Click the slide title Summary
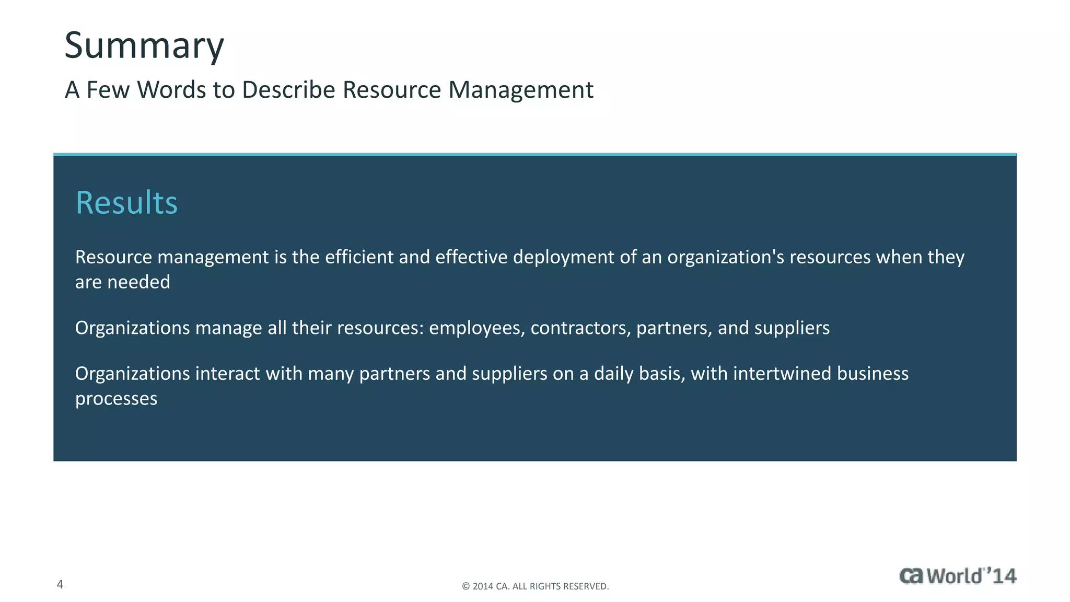pyautogui.click(x=144, y=46)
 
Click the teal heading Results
pyautogui.click(x=126, y=203)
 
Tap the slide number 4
pyautogui.click(x=60, y=584)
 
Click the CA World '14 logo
pyautogui.click(x=958, y=576)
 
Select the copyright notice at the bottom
pyautogui.click(x=535, y=586)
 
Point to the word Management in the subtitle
pyautogui.click(x=520, y=90)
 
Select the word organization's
pyautogui.click(x=725, y=257)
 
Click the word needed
pyautogui.click(x=138, y=282)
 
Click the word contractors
pyautogui.click(x=580, y=328)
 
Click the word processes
pyautogui.click(x=116, y=399)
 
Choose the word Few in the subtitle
pyautogui.click(x=108, y=90)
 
